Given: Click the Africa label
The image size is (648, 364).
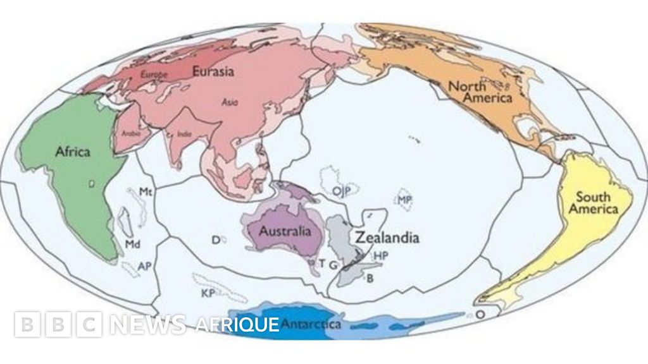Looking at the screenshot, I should tap(72, 152).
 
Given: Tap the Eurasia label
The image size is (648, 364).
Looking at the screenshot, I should tap(213, 71).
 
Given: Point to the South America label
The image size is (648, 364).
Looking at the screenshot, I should tap(593, 203).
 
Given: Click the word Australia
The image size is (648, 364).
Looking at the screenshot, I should tap(285, 231).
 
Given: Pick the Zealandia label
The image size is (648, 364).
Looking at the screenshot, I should tap(387, 238).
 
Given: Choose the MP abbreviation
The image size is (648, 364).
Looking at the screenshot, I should tap(405, 200).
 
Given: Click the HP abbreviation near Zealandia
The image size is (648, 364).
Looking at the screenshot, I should tap(380, 256).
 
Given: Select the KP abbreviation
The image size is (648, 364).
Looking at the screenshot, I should tap(207, 294).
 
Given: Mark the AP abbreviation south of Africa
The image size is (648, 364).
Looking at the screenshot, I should tap(144, 266).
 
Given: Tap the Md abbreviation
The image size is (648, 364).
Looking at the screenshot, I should tap(132, 244).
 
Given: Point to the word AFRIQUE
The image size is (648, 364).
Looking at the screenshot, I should tap(237, 325).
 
